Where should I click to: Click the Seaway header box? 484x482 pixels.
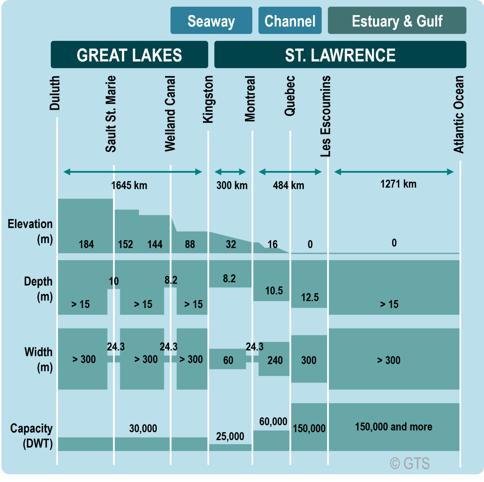211,21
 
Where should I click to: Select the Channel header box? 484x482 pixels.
290,21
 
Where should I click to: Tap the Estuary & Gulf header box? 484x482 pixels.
397,21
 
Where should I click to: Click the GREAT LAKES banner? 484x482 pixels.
129,55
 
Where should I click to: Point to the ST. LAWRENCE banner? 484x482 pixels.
340,55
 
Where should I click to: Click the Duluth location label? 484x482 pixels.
55,93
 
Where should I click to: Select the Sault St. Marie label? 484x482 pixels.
111,114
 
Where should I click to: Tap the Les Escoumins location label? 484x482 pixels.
326,116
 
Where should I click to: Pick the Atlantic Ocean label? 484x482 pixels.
459,114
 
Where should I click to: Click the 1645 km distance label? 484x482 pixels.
129,185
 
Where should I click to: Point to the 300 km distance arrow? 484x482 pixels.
230,172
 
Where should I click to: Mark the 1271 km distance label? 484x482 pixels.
398,184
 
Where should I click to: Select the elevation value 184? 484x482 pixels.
86,244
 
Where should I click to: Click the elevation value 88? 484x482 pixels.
190,244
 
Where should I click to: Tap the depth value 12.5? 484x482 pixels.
310,297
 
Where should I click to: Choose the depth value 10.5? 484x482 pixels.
274,291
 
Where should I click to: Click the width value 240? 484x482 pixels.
275,360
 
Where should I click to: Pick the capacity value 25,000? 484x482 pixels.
230,436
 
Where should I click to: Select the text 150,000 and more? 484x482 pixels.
394,427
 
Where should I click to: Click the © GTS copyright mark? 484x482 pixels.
410,463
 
